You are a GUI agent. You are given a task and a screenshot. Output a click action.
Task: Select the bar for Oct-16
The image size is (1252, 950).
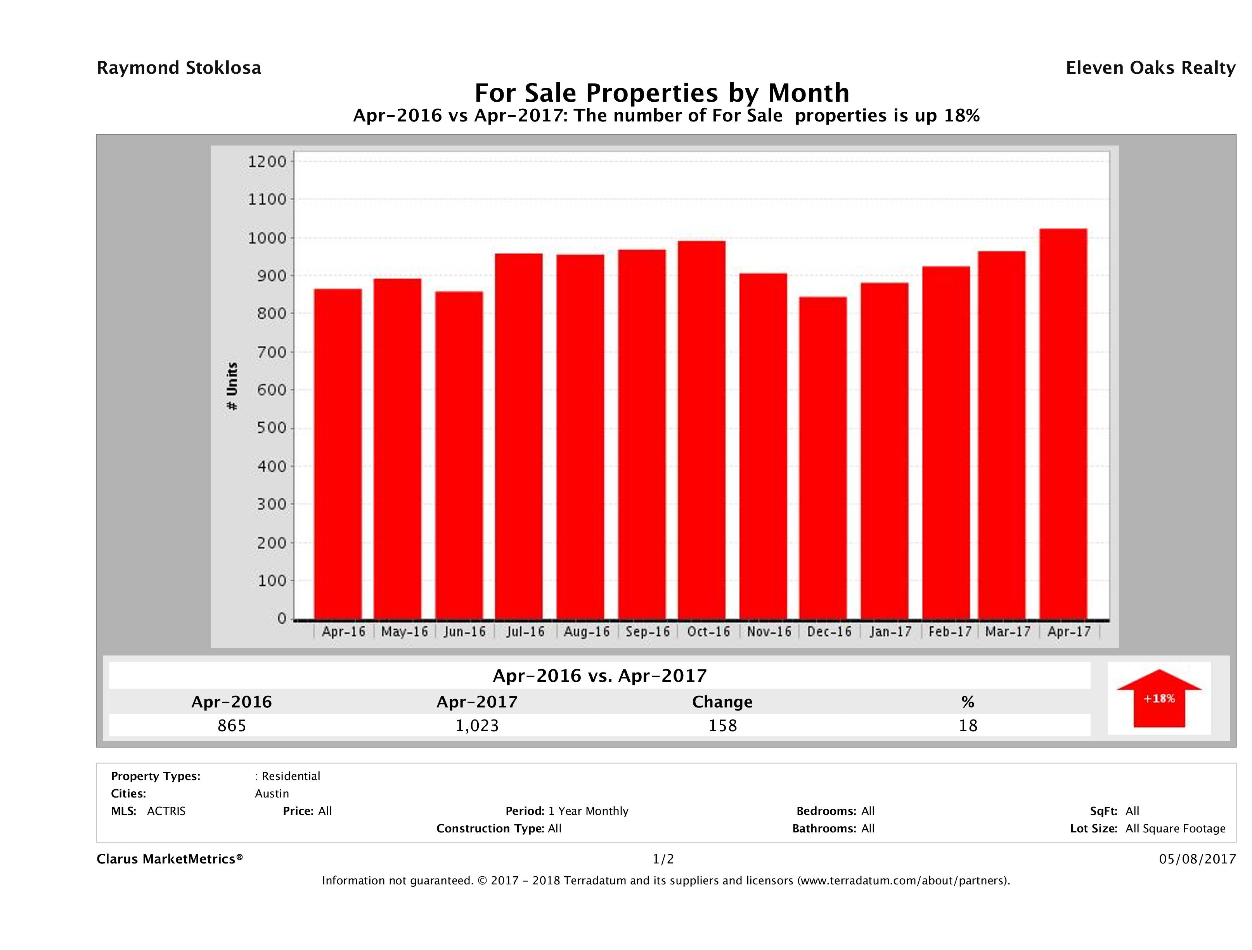702,430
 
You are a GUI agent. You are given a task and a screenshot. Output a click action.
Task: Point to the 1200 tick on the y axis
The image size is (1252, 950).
267,162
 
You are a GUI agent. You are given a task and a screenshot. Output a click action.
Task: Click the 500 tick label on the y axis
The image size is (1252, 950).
267,428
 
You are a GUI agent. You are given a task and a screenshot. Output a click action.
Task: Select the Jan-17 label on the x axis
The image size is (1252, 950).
890,632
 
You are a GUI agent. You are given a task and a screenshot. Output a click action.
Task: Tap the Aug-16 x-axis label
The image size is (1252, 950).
586,632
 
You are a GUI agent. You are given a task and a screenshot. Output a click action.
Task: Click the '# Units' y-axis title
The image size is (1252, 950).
232,386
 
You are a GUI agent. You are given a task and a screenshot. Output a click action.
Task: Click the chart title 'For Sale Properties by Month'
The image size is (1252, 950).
661,92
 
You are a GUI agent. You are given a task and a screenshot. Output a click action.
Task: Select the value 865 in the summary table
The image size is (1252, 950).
232,725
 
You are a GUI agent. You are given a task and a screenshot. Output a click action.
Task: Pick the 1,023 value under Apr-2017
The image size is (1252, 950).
477,725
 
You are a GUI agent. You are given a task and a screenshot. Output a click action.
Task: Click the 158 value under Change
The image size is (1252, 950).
723,725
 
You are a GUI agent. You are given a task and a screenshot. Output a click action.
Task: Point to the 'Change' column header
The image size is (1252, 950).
722,702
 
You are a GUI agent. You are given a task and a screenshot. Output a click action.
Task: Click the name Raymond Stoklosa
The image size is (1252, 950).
179,68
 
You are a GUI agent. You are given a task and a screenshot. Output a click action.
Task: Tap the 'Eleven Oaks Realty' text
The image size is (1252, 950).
1150,68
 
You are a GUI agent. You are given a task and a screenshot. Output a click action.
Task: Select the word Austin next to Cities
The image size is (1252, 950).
272,794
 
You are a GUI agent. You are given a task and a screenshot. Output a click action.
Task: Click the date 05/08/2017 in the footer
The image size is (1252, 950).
1197,859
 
